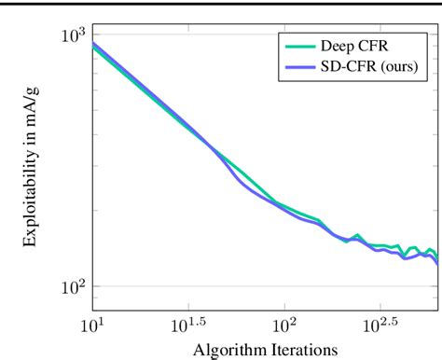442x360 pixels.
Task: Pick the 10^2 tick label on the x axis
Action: pyautogui.click(x=283, y=327)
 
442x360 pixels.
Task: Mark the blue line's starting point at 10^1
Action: pyautogui.click(x=92, y=42)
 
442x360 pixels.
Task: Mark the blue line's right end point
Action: pyautogui.click(x=437, y=264)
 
